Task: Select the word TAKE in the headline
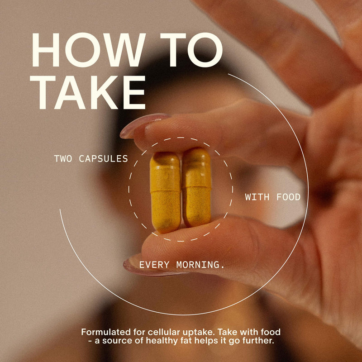point(88,92)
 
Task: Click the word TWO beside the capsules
point(63,159)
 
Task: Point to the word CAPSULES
point(103,159)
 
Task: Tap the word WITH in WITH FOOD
point(257,197)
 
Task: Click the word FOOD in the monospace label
point(288,197)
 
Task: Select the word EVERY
point(154,265)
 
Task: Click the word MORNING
point(200,265)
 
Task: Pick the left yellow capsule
point(165,192)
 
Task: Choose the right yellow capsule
point(197,187)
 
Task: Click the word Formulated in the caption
point(106,332)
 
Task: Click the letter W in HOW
point(124,50)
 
